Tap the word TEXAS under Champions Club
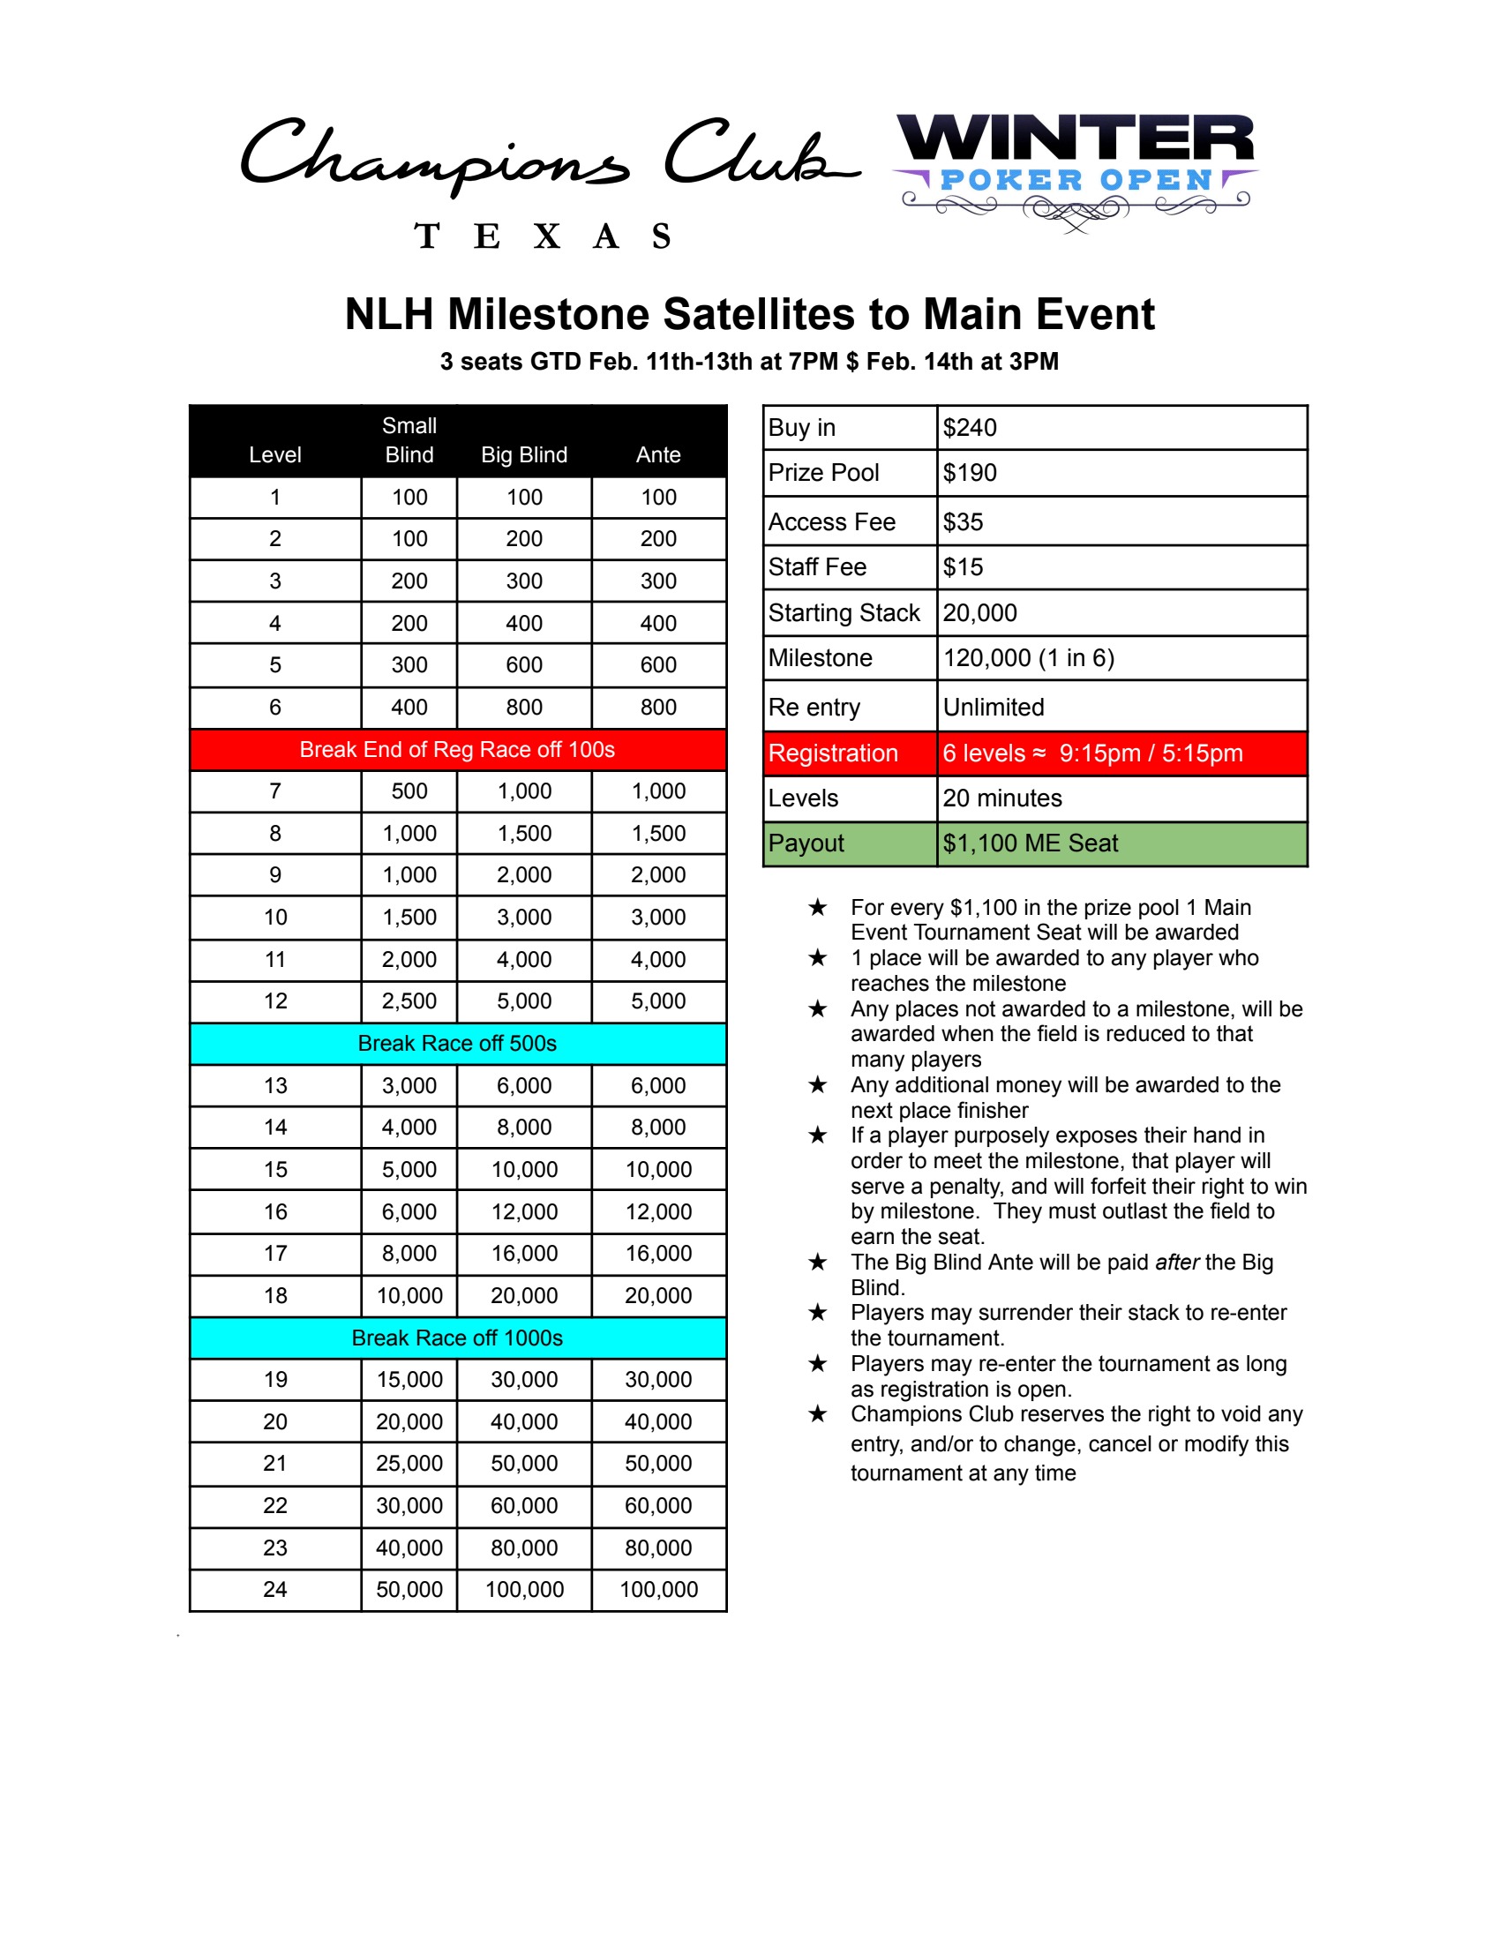(x=542, y=236)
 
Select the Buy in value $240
(x=970, y=428)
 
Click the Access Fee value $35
(x=964, y=521)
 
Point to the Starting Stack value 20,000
(x=979, y=612)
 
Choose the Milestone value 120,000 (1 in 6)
(x=1028, y=657)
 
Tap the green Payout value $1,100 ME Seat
(x=1030, y=843)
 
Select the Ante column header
(x=657, y=454)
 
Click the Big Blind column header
(x=523, y=454)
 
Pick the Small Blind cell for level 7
(x=409, y=791)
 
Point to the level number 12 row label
(x=275, y=1000)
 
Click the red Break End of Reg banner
(x=457, y=749)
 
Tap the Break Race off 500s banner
(x=457, y=1043)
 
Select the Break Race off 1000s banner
(x=457, y=1338)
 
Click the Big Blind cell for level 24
(x=524, y=1589)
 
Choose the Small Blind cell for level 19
(x=409, y=1379)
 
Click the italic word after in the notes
(x=1176, y=1262)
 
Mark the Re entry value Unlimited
(x=993, y=707)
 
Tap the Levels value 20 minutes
(x=1001, y=798)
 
